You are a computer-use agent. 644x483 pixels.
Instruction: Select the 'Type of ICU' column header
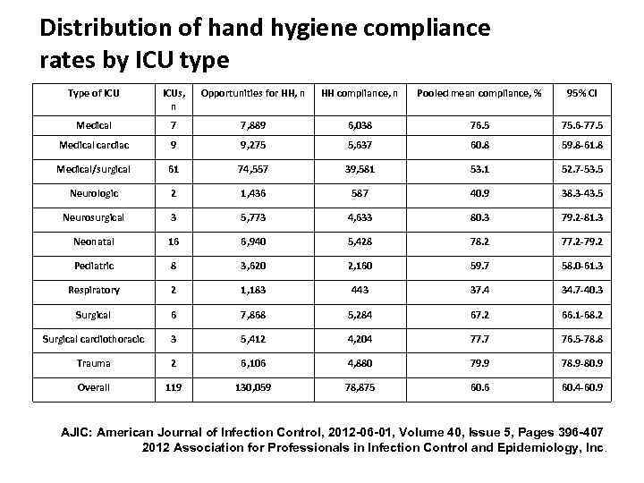click(x=94, y=92)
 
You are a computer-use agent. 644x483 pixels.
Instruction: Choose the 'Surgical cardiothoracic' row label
click(x=94, y=339)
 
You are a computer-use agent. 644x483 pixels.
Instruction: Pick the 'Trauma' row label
click(x=94, y=363)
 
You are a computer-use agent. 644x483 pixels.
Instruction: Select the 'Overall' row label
click(x=94, y=387)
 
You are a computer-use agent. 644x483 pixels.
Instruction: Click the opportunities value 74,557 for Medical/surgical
click(x=252, y=168)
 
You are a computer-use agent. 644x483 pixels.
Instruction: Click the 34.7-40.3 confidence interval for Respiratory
click(x=580, y=291)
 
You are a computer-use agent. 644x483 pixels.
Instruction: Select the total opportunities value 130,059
click(x=252, y=387)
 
